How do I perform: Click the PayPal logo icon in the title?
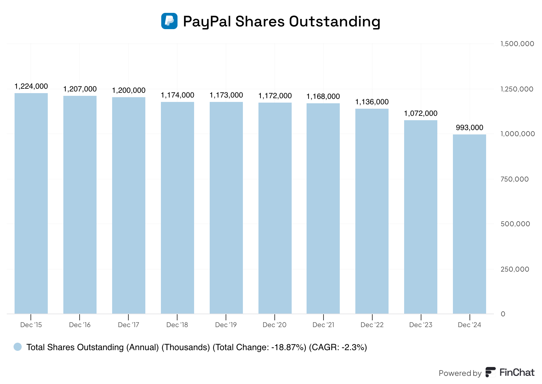tap(169, 21)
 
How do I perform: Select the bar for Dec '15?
tap(31, 203)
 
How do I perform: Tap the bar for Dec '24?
tap(470, 224)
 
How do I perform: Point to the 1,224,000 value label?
tap(31, 86)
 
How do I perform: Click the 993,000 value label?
tap(470, 128)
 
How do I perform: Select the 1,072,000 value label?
tap(421, 113)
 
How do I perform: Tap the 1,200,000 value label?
tap(129, 90)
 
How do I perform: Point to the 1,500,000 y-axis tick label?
tap(517, 44)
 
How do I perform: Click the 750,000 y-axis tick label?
tap(515, 179)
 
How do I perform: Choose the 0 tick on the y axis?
tap(503, 314)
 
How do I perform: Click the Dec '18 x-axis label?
tap(177, 325)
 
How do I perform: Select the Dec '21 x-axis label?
tap(324, 325)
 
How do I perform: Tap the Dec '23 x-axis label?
tap(421, 325)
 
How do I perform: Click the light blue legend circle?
tap(18, 347)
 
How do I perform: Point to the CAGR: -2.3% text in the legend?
tap(338, 347)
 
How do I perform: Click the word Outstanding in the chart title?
tap(335, 21)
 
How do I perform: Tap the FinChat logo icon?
tap(490, 372)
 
